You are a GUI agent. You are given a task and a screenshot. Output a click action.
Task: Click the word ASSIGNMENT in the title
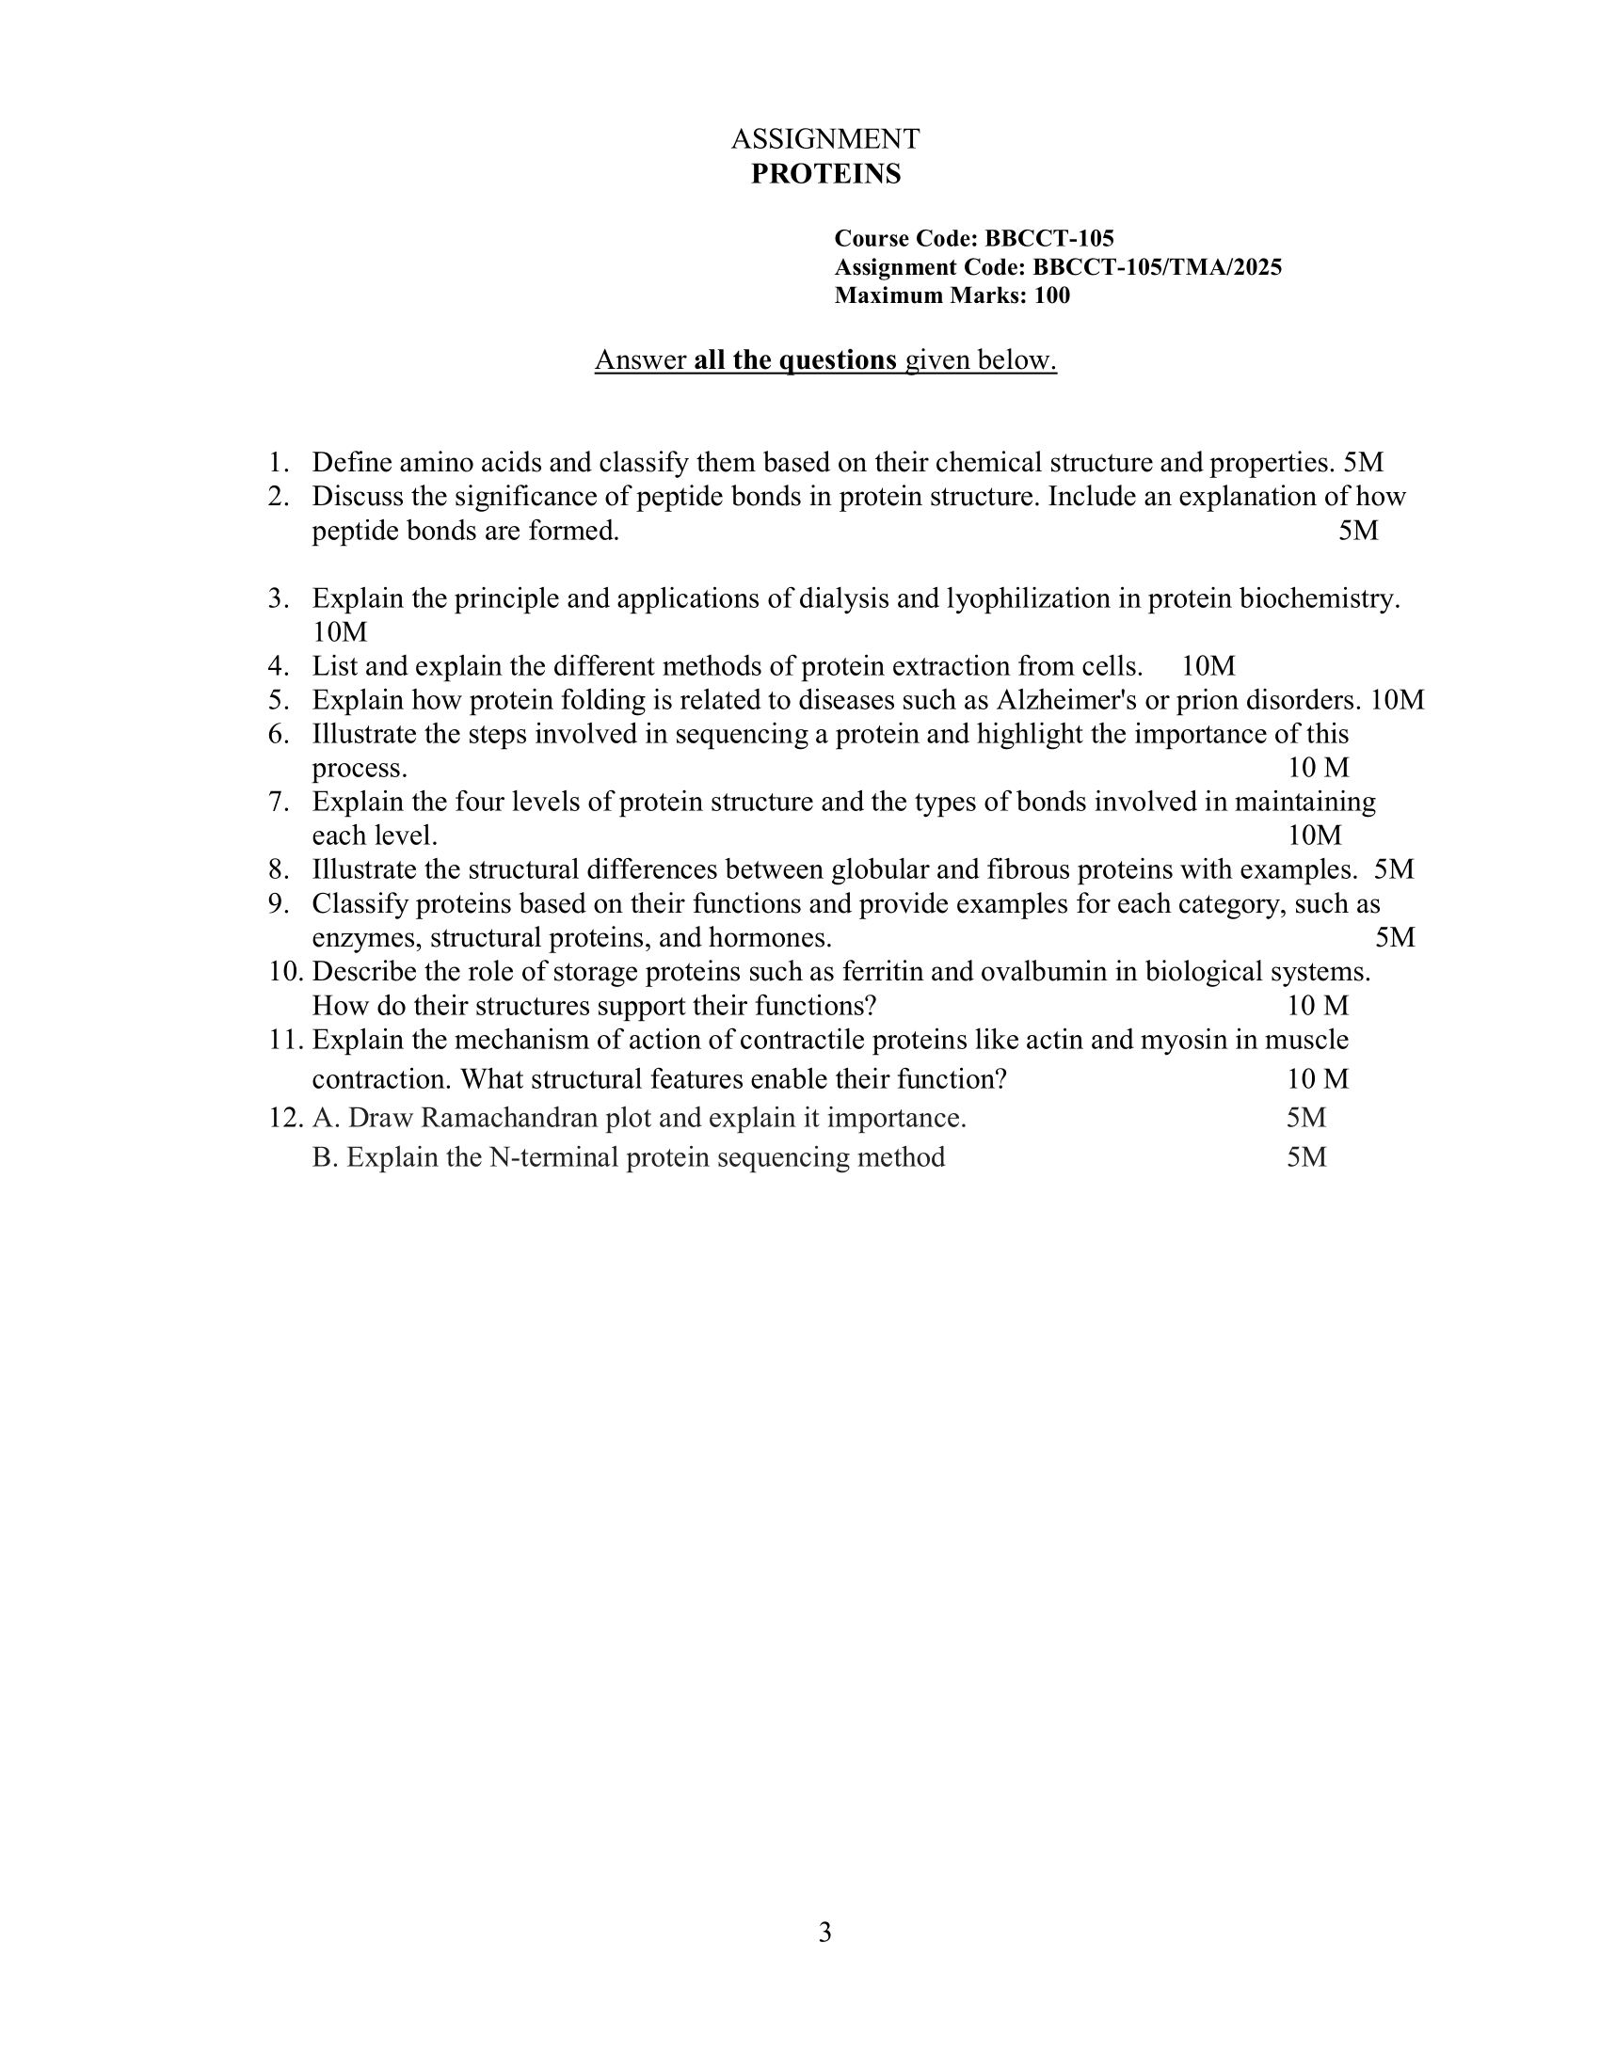tap(824, 139)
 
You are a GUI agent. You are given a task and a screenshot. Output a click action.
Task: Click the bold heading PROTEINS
tap(825, 174)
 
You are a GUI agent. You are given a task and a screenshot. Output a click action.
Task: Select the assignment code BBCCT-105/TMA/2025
tap(1157, 267)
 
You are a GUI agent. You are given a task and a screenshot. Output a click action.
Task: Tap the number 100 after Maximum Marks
tap(1052, 295)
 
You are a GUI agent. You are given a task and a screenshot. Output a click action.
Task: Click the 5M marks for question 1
tap(1363, 463)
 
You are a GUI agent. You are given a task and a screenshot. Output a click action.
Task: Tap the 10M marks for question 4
tap(1208, 666)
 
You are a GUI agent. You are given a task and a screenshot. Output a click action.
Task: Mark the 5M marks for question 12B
tap(1306, 1157)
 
